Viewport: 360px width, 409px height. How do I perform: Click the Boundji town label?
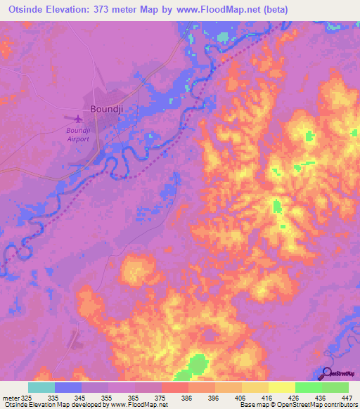[x=105, y=109]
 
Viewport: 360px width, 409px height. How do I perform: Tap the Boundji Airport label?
[x=77, y=134]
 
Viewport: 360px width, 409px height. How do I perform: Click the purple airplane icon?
[x=77, y=118]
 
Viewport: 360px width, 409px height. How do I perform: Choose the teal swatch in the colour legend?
[x=41, y=387]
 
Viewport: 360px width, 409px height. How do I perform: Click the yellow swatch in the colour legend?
[x=281, y=387]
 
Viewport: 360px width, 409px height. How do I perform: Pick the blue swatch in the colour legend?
[x=68, y=387]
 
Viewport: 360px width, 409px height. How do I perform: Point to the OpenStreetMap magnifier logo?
[x=326, y=374]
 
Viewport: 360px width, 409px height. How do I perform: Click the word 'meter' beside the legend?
[x=10, y=397]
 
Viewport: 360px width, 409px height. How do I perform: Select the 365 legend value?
[x=131, y=397]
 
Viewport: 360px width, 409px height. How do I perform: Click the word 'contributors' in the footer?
[x=337, y=405]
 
